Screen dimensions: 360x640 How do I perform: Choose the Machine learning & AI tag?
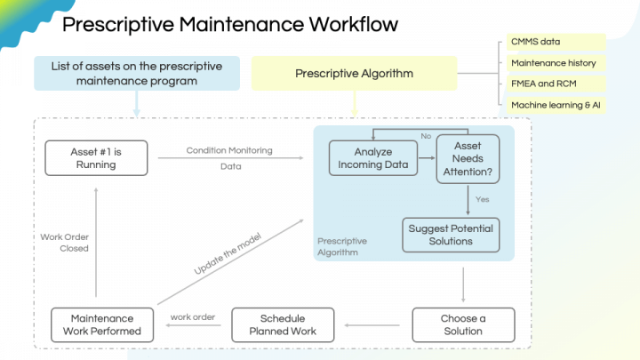[556, 105]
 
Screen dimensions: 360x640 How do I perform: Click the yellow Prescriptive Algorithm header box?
[355, 74]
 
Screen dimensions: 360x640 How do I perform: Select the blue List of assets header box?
[137, 74]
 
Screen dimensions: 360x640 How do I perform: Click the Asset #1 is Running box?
[95, 158]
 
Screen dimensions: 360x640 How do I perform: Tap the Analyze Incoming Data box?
[372, 159]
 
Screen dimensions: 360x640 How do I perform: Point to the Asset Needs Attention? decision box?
[468, 159]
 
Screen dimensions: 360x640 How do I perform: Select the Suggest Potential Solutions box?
[451, 235]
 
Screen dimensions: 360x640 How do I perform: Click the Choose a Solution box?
[463, 324]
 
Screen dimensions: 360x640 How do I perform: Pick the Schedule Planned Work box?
[283, 324]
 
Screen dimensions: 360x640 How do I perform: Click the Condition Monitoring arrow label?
[229, 150]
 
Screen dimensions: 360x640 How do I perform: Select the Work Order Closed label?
[64, 243]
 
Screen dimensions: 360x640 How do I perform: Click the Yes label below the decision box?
[483, 199]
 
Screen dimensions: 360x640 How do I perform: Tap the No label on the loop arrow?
[426, 136]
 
